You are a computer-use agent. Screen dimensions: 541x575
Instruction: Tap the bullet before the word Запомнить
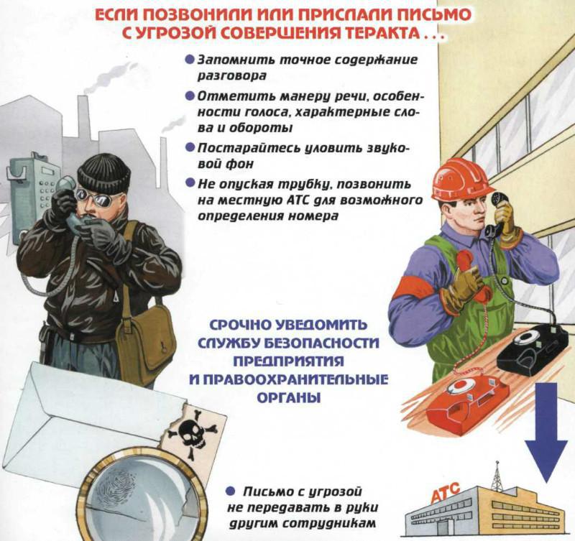coord(188,60)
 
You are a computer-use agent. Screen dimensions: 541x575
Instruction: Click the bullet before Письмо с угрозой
coord(230,491)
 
